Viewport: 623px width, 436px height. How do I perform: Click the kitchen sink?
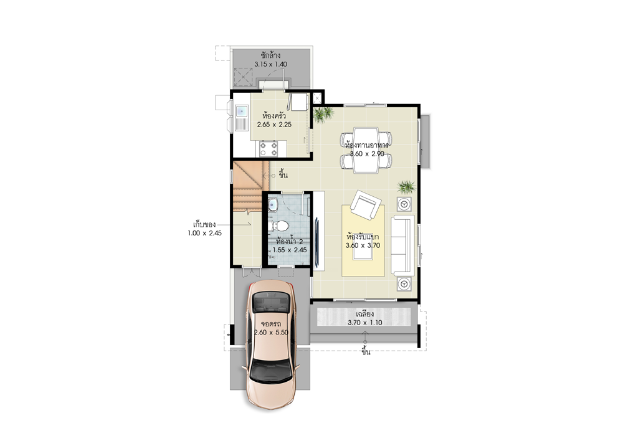[241, 118]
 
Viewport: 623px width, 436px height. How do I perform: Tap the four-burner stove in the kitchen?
[268, 149]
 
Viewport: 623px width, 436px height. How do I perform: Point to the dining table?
[366, 150]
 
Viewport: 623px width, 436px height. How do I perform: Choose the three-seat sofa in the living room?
[403, 245]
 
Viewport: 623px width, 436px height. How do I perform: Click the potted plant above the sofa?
[406, 187]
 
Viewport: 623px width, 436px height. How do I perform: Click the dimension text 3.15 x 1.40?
[270, 64]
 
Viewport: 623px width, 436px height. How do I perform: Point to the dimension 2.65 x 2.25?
[274, 125]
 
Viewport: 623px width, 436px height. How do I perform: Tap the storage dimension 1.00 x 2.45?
[204, 233]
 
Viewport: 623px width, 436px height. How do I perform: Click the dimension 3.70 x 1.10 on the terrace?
[364, 323]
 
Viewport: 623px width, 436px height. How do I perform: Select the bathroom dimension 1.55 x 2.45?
[290, 250]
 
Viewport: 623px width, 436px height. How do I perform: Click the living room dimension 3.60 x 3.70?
[363, 245]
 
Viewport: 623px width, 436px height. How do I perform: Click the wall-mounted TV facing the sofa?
[316, 242]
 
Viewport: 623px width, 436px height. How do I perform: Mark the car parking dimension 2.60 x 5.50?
[272, 333]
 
